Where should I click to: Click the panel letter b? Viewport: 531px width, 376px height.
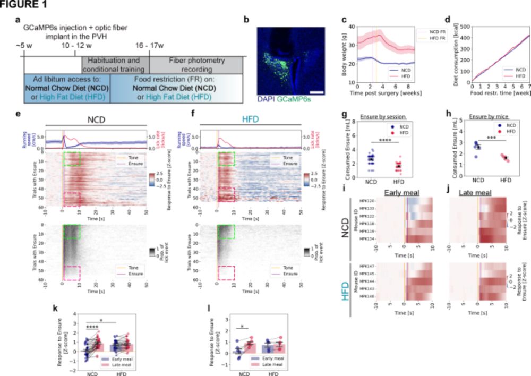tap(245, 21)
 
